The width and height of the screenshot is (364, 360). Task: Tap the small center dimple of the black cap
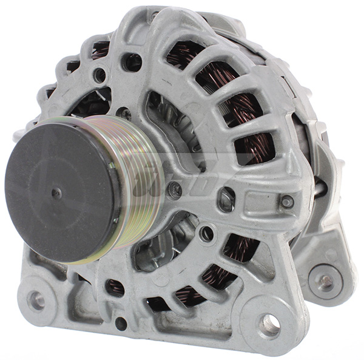click(55, 194)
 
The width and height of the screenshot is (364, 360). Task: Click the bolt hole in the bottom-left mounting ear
click(36, 299)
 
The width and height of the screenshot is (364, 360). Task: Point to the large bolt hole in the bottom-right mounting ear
click(269, 325)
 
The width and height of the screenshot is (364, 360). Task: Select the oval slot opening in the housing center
click(227, 198)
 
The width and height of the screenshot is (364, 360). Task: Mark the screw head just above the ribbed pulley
click(124, 112)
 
